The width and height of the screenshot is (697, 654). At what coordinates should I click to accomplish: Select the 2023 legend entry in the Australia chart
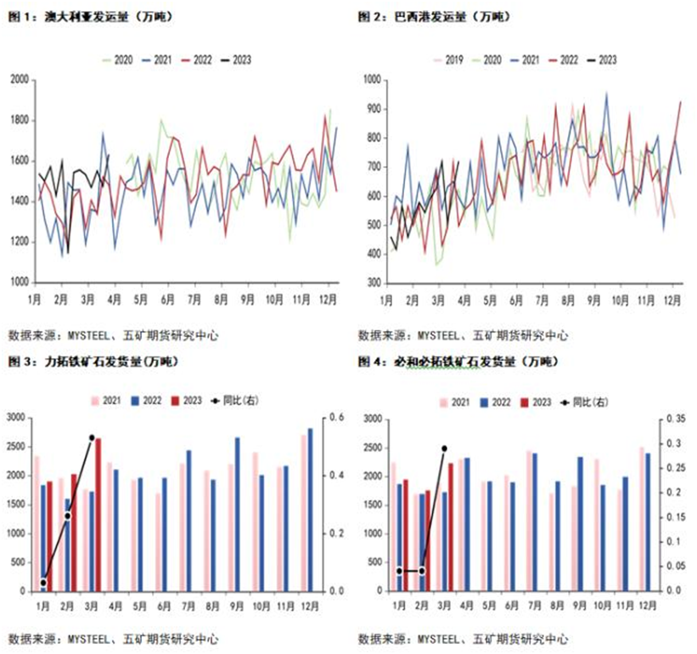[x=235, y=59]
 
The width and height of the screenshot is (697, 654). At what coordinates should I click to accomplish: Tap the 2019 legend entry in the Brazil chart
[x=447, y=59]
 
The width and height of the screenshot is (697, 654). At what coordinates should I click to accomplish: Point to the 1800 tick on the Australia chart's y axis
[x=19, y=120]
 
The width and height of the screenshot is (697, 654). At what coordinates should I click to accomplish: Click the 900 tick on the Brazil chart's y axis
[x=372, y=108]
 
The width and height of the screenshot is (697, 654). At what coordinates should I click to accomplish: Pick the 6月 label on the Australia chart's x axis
[x=167, y=299]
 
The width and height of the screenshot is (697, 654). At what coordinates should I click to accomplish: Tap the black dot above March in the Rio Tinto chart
[x=92, y=437]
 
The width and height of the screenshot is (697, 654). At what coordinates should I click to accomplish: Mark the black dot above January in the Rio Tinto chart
[x=43, y=583]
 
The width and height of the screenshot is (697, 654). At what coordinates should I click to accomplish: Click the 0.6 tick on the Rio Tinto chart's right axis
[x=337, y=418]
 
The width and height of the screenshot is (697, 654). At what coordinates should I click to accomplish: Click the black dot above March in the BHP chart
[x=444, y=448]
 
